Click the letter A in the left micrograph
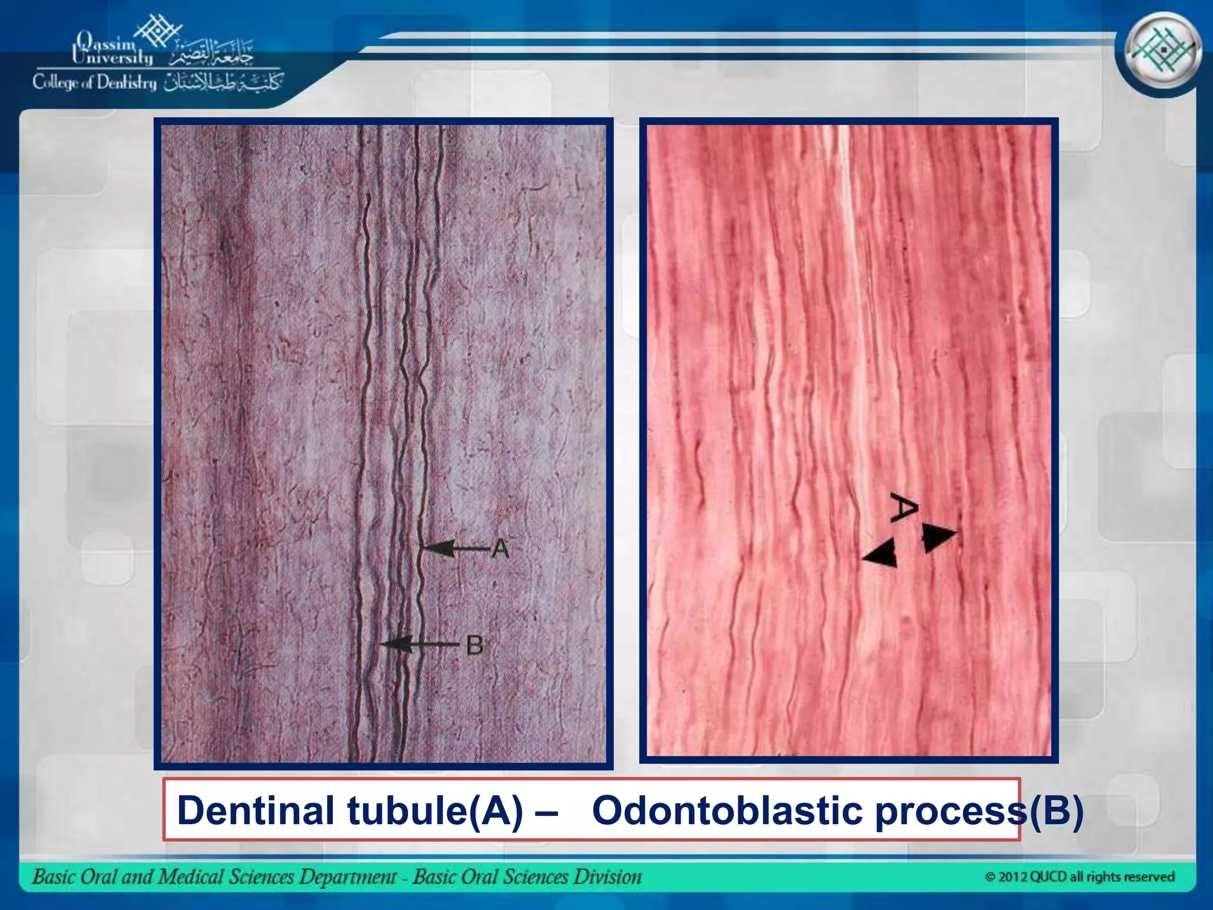click(x=500, y=549)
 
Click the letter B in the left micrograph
click(x=474, y=645)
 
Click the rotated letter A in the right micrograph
click(x=904, y=508)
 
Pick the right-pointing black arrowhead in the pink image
click(x=938, y=537)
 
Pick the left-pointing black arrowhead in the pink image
click(x=881, y=555)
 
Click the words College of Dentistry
click(x=95, y=82)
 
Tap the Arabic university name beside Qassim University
click(x=211, y=55)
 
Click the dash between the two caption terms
click(x=545, y=812)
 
